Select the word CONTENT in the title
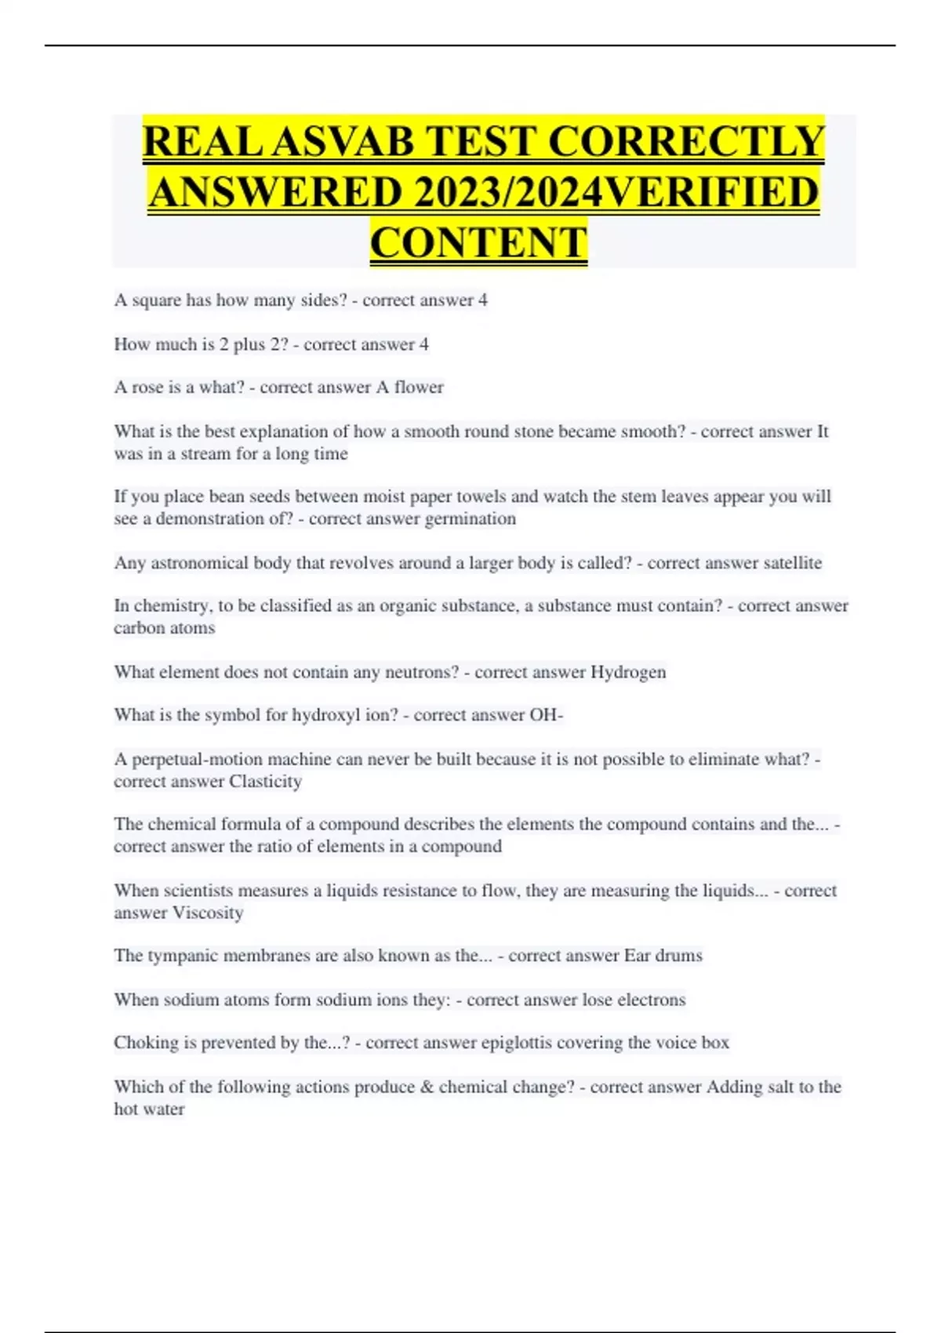pos(478,242)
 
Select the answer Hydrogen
pos(628,672)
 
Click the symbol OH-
pos(547,715)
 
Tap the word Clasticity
pos(265,782)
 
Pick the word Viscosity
pos(208,913)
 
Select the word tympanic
pos(182,956)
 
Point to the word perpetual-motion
pos(197,759)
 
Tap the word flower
pos(419,387)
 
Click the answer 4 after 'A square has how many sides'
pos(483,300)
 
